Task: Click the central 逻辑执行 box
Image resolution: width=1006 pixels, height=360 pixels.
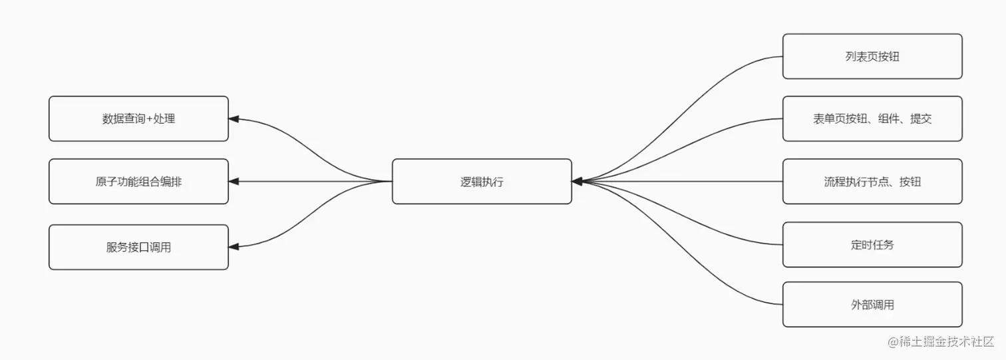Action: coord(482,181)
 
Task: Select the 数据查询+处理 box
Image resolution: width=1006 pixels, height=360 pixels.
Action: coord(138,119)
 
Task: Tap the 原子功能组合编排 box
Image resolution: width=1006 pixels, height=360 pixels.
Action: coord(138,181)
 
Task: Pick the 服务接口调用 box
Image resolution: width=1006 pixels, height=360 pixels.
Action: coord(138,247)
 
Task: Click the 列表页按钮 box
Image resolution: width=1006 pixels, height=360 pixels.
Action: coord(872,57)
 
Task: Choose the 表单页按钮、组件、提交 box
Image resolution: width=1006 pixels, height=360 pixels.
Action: coord(872,119)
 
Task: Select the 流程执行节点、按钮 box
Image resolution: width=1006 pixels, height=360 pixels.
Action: coord(872,181)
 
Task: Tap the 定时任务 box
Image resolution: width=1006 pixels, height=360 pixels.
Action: coord(872,244)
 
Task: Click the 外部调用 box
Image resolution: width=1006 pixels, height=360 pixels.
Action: coord(872,305)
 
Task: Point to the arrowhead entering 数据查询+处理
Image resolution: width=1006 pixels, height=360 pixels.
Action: coord(234,119)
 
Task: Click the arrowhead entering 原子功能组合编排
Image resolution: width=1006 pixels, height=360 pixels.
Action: coord(234,181)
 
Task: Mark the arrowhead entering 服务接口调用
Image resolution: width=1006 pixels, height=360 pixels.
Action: coord(234,247)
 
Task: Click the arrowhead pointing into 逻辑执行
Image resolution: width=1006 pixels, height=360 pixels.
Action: coord(577,181)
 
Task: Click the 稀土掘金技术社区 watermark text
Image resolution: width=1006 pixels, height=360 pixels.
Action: coord(947,341)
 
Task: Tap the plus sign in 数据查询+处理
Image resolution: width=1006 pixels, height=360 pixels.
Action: coord(150,119)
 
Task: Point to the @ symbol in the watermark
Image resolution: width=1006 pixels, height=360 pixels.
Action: coord(893,341)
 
